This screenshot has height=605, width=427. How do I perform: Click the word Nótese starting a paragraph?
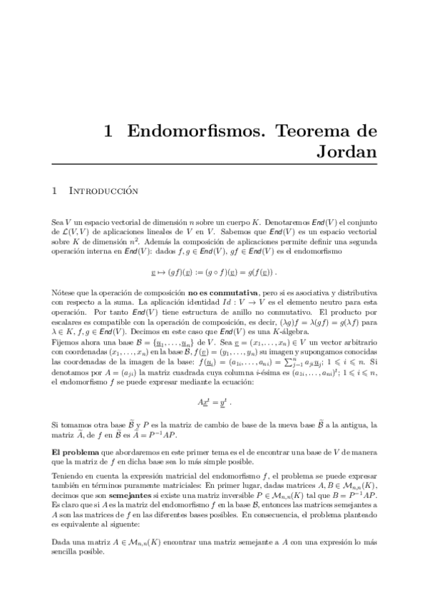(64, 293)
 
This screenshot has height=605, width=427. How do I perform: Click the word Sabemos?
(232, 233)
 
